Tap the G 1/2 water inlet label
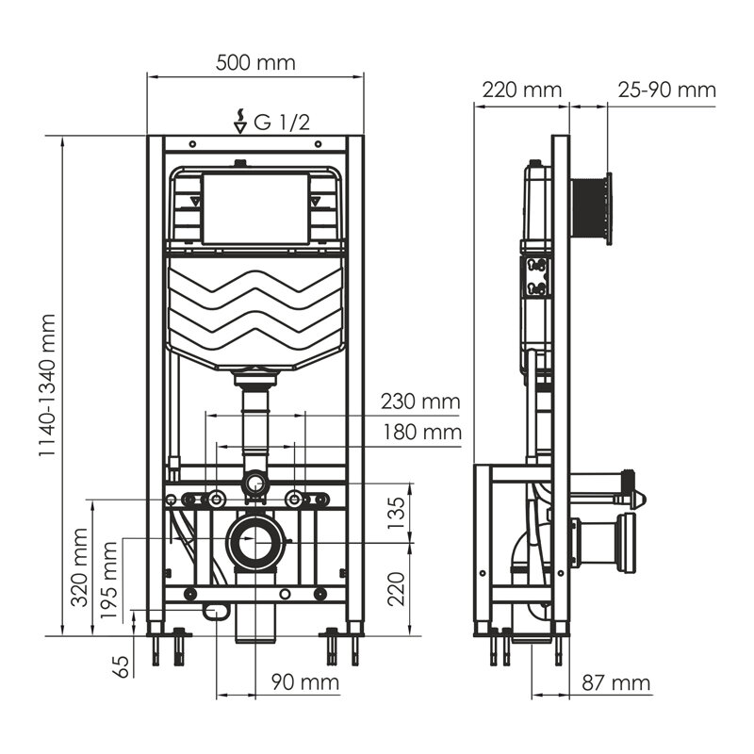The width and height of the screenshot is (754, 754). (x=283, y=121)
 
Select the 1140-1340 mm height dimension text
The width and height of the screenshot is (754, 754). (x=48, y=386)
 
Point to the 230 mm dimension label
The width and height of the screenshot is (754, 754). (x=420, y=402)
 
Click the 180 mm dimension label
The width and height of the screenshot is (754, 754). (x=420, y=433)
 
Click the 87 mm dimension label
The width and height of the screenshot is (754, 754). (x=616, y=681)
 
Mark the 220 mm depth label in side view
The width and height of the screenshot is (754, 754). (x=520, y=90)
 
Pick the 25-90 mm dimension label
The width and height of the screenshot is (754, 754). (x=666, y=90)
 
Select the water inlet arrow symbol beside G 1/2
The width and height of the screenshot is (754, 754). (x=240, y=122)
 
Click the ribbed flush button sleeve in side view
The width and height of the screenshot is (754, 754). (x=589, y=209)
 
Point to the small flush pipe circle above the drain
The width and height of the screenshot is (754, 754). (x=254, y=486)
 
